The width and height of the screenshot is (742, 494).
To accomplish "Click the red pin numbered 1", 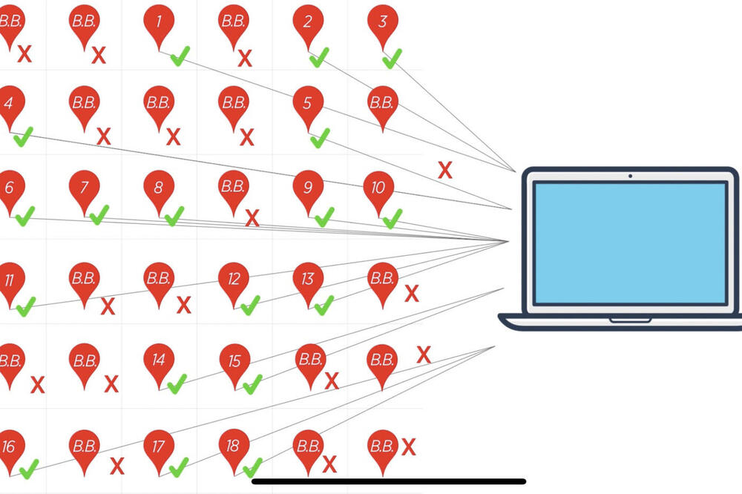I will click(159, 22).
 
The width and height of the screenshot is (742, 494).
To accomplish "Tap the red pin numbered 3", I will click(382, 22).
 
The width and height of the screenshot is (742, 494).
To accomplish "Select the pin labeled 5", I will click(307, 103).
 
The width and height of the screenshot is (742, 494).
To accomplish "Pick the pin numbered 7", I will click(84, 187).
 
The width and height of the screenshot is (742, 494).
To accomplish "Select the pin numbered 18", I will click(233, 447).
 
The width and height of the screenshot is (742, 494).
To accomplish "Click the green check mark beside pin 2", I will click(320, 57).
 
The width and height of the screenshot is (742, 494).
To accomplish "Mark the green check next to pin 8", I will click(174, 216).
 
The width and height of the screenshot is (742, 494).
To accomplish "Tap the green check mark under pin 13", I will click(324, 304).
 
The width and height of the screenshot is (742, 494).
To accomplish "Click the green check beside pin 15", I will click(252, 383).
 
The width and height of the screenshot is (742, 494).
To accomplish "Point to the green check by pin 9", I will click(324, 217).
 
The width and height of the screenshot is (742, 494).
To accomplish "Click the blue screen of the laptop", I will click(630, 243).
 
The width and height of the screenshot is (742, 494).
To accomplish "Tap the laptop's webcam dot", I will click(630, 176).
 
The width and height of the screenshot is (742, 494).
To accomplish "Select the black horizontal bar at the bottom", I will click(389, 481).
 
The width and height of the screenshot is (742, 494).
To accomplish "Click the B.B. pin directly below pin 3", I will click(381, 103).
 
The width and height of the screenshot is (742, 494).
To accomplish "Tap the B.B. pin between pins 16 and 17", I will click(84, 447).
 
